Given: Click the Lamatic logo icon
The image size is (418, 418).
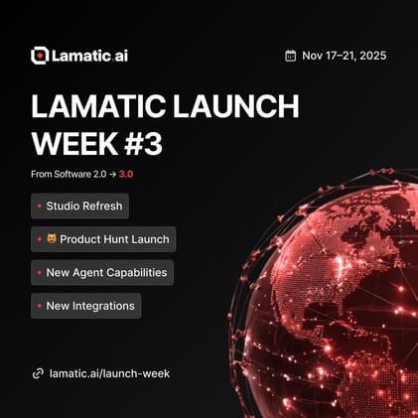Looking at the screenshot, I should (40, 56).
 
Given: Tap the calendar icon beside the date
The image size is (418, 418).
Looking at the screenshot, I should (290, 56).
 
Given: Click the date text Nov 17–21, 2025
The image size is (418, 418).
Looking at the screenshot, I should (344, 56).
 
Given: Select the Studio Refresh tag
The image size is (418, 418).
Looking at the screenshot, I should (80, 207).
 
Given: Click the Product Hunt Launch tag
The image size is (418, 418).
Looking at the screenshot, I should (103, 239).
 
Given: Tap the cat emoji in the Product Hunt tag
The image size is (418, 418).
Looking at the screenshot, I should (52, 239).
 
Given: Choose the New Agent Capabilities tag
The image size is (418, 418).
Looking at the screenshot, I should (102, 272).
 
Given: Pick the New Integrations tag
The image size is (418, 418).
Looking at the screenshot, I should (86, 305).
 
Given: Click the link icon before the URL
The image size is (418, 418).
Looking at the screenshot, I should (38, 373).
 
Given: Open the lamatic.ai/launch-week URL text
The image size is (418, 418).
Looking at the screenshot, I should (109, 373).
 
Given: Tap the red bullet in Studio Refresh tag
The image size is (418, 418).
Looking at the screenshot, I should (39, 207).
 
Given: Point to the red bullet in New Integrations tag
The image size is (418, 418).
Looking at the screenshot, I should (39, 305).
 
